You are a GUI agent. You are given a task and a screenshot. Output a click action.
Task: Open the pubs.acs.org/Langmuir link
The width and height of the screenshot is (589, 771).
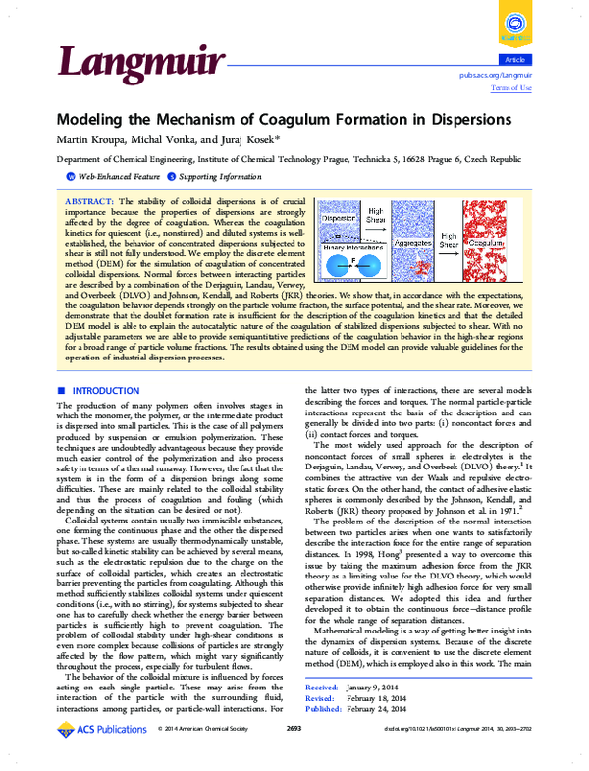click(x=495, y=75)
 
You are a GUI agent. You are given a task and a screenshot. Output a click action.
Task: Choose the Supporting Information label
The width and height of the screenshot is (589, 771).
click(x=213, y=176)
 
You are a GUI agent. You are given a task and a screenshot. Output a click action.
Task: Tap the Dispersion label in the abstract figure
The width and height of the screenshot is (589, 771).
click(x=338, y=216)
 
